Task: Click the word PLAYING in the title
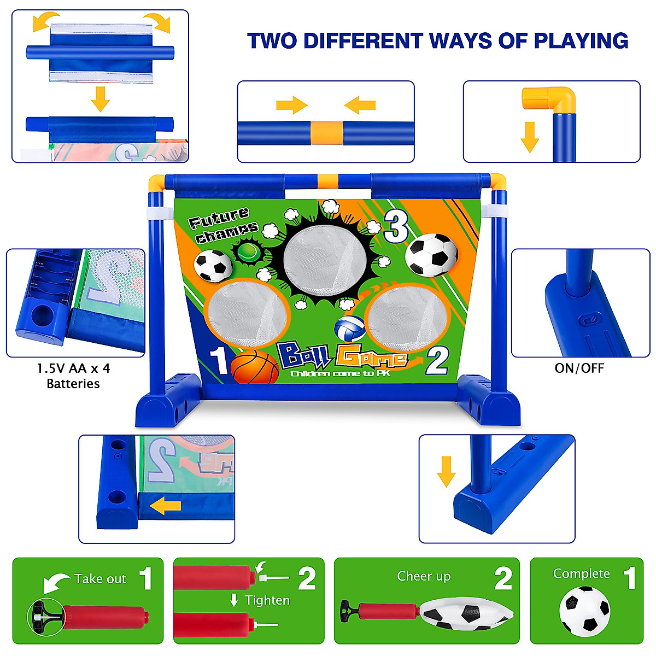pos(581,41)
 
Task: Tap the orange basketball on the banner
pos(255,367)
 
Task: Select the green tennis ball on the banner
pos(247,252)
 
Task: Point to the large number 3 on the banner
pos(396,226)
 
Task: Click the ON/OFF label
pos(579,368)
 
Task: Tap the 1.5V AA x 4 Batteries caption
pos(73,376)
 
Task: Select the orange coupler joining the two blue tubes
pos(327,133)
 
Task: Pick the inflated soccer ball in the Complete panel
pos(584,611)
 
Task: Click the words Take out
pos(100,579)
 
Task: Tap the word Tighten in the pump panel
pos(267,600)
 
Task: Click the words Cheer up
pos(424,576)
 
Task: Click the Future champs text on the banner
pos(222,225)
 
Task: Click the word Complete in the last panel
pos(581,573)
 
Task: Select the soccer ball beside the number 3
pos(431,255)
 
